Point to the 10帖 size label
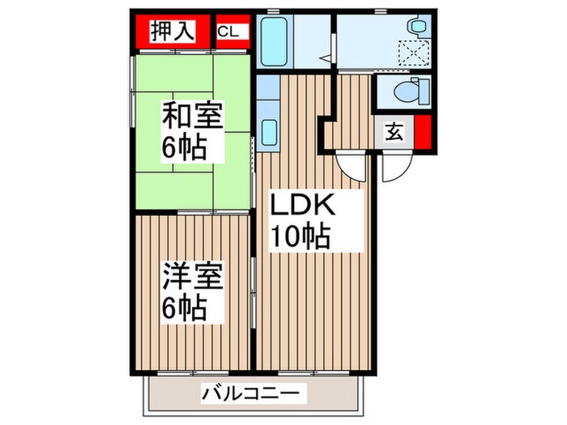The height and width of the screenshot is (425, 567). coord(299,236)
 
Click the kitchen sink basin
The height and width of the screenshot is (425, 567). coord(270,129)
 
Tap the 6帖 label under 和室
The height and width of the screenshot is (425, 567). coord(187,147)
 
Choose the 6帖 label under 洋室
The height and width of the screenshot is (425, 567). coord(187,307)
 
